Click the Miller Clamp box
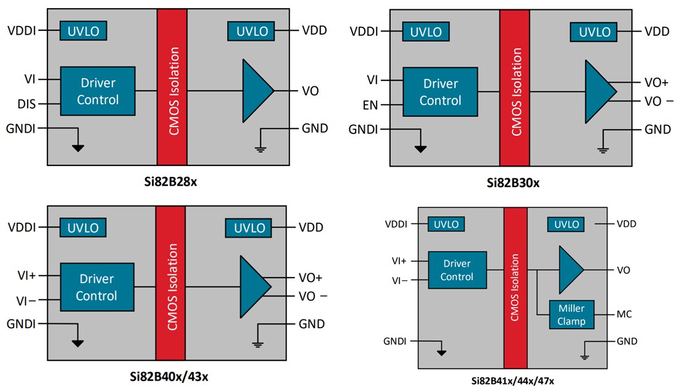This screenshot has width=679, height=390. click(x=571, y=315)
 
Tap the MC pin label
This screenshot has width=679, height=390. click(x=624, y=315)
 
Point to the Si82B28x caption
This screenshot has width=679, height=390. click(x=167, y=183)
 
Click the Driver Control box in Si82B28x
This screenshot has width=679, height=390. click(x=97, y=91)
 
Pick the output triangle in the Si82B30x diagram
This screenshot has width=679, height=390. click(x=598, y=91)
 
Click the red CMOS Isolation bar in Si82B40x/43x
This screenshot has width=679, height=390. click(x=170, y=283)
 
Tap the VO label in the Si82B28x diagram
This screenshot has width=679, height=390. click(x=310, y=91)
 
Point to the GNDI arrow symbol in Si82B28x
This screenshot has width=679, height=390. click(x=78, y=147)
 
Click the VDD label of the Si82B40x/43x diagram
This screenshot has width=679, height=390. click(x=310, y=227)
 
